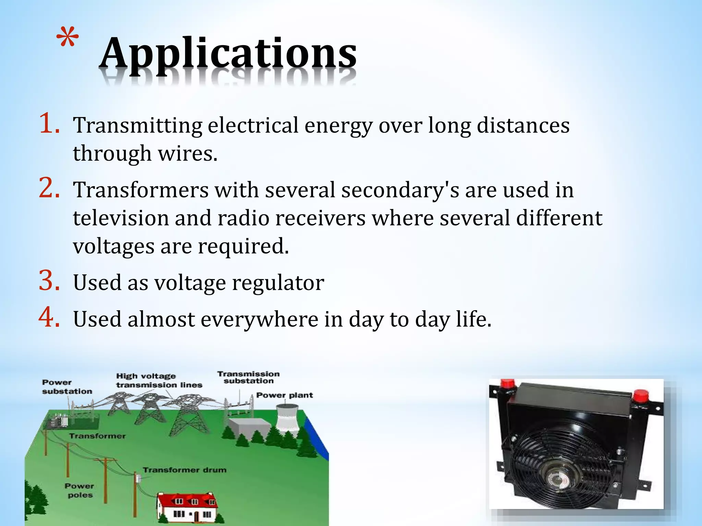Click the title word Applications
tap(228, 54)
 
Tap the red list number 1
tap(49, 124)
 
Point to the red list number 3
tap(49, 281)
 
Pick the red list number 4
tap(49, 318)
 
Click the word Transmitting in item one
tap(137, 126)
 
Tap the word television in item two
tap(121, 218)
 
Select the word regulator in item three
tap(278, 284)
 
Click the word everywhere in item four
tap(259, 320)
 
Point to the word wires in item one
tap(187, 153)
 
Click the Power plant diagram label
tap(285, 395)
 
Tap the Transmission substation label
tap(249, 377)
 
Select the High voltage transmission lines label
tap(159, 380)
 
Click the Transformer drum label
tap(185, 470)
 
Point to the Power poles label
tap(79, 490)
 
